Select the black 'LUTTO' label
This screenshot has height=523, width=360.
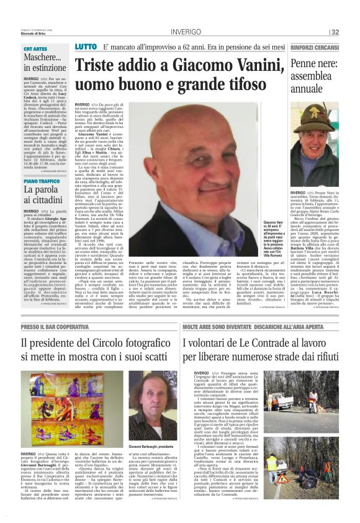click(x=85, y=47)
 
